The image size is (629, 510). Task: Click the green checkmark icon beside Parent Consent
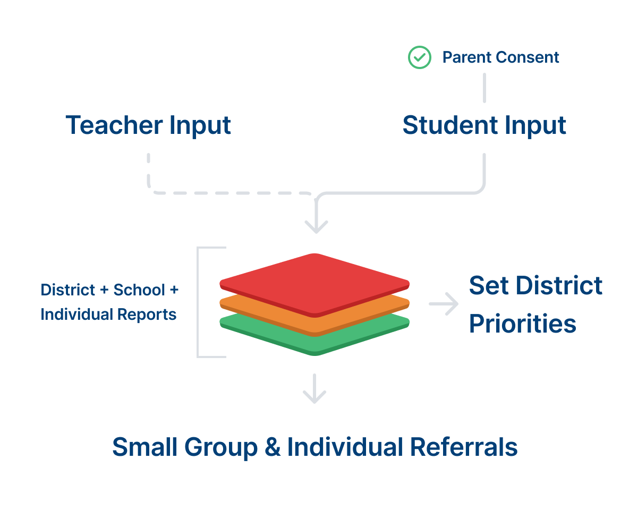[419, 57]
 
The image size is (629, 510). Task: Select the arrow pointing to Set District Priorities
[444, 304]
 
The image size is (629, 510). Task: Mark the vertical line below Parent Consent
[484, 88]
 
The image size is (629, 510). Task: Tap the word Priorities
[523, 324]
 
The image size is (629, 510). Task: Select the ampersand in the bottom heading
[272, 447]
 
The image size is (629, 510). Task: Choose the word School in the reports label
[140, 290]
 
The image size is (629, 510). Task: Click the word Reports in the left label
[148, 314]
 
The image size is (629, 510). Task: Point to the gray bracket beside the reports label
[199, 302]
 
